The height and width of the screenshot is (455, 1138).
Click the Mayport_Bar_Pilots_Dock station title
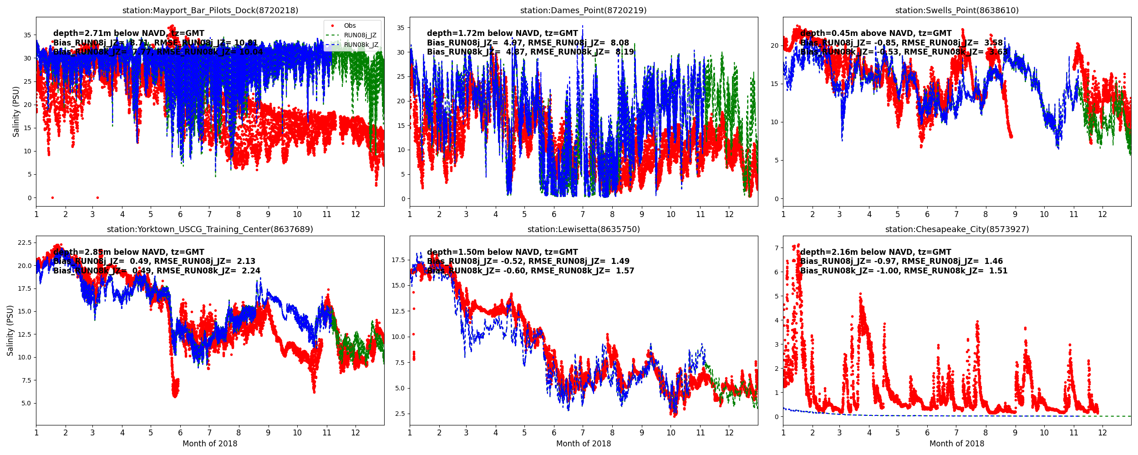[x=210, y=10]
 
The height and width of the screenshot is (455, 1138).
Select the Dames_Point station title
[x=583, y=10]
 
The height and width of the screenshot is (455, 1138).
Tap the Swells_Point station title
[x=957, y=10]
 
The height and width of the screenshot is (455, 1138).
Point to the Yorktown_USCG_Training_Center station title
[x=210, y=229]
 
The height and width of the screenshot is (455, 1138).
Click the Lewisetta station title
[x=583, y=229]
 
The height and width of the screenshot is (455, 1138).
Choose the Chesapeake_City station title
[x=957, y=229]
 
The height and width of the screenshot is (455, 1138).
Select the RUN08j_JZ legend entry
[x=360, y=35]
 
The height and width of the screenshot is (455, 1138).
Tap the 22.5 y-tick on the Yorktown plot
[x=24, y=243]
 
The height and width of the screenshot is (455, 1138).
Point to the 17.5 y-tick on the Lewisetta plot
[x=398, y=260]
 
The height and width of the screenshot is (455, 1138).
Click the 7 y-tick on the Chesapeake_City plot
[x=776, y=248]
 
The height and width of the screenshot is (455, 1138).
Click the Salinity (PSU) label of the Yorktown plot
[x=10, y=330]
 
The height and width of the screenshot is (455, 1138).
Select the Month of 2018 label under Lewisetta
[x=583, y=444]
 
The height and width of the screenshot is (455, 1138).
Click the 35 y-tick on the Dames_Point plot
[x=401, y=28]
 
